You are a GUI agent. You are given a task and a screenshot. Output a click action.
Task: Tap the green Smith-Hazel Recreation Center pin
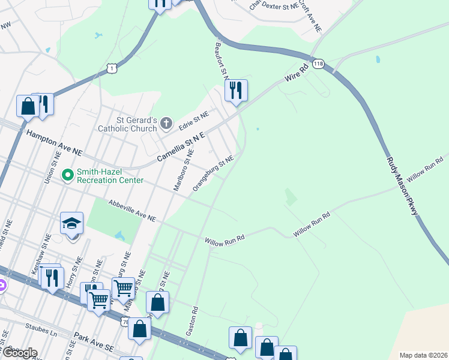tap(68, 175)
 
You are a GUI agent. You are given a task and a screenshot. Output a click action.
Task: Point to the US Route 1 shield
tap(112, 70)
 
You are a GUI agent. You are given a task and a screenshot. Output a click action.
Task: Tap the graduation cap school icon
tap(72, 223)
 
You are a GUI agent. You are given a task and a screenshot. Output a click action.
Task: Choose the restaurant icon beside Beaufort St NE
tap(236, 91)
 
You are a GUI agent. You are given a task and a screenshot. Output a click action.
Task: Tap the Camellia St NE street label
tap(181, 148)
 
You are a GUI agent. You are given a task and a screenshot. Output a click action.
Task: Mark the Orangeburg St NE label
tap(212, 172)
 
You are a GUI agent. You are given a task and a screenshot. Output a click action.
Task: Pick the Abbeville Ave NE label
tap(131, 211)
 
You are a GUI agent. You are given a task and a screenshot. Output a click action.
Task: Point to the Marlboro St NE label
tap(183, 170)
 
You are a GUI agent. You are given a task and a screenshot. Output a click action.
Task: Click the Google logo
tap(19, 353)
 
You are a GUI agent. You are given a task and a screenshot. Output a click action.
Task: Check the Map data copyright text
tap(423, 355)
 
